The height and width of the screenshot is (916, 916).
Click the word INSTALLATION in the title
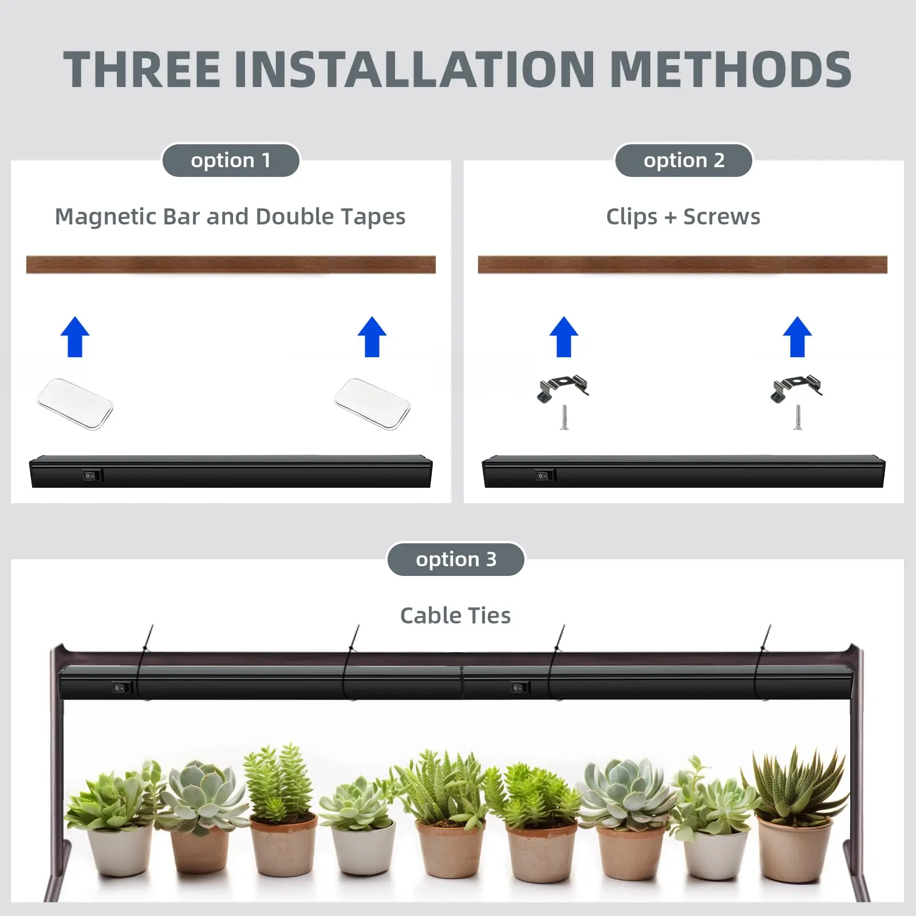(x=414, y=70)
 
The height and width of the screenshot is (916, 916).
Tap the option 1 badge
(x=231, y=160)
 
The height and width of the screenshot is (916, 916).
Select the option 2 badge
(x=684, y=160)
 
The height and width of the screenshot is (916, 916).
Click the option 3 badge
(x=456, y=559)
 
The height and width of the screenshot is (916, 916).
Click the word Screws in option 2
(x=722, y=217)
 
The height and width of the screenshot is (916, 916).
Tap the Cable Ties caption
(x=455, y=615)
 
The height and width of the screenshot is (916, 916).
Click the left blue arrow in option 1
(x=75, y=337)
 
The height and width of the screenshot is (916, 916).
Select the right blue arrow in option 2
(x=797, y=337)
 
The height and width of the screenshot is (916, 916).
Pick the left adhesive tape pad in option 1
(x=75, y=404)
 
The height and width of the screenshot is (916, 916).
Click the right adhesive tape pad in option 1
(x=372, y=404)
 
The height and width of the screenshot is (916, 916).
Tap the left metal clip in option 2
(x=563, y=388)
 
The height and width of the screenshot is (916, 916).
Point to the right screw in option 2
(x=798, y=417)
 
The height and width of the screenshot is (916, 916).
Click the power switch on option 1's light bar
(x=90, y=475)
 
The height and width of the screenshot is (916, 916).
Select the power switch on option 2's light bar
(x=544, y=475)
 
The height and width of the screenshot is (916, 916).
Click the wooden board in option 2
(x=682, y=264)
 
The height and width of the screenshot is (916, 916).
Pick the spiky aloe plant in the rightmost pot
(x=797, y=784)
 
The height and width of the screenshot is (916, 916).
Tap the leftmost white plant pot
(x=120, y=850)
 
